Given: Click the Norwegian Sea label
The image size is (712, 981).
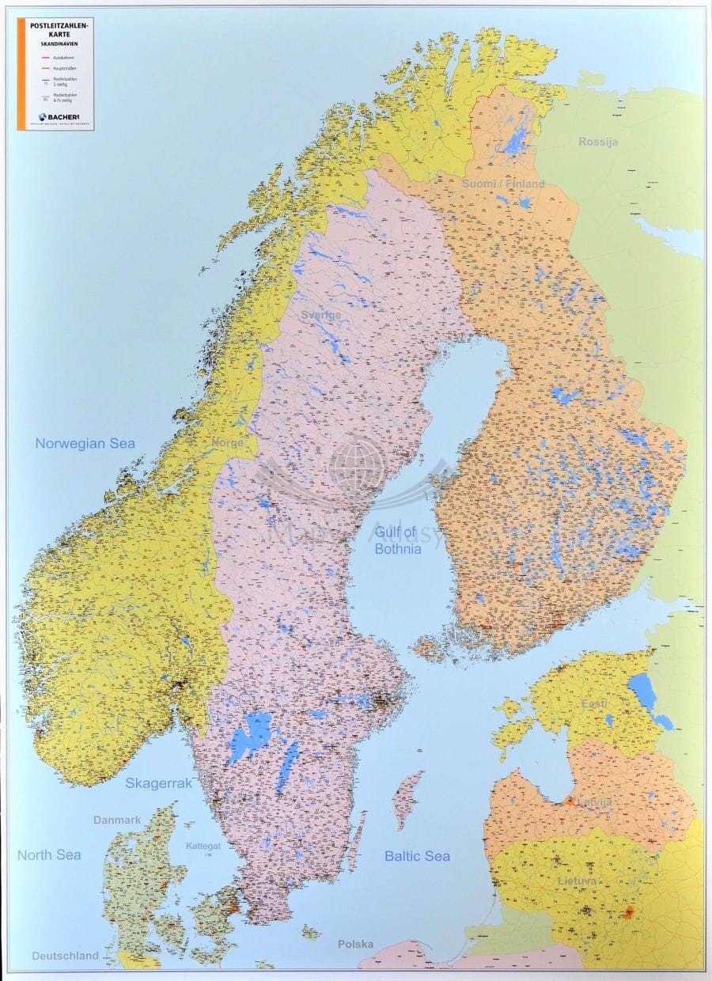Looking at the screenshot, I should (x=85, y=444).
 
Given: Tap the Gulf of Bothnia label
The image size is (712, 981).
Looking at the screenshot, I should (x=399, y=540).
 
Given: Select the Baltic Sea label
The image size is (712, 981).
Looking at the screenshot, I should (x=417, y=856).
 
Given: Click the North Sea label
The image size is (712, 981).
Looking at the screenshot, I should (x=49, y=854).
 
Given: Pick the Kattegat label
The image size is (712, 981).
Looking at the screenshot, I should (x=203, y=847).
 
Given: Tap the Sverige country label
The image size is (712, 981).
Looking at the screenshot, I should (x=320, y=315).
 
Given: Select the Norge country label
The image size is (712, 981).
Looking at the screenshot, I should (x=227, y=444).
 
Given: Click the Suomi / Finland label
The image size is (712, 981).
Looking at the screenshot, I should (x=503, y=184).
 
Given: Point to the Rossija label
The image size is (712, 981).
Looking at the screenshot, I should (x=598, y=142).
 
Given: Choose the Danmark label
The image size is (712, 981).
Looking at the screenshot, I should (x=117, y=820).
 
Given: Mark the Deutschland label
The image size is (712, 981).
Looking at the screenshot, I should (x=65, y=956).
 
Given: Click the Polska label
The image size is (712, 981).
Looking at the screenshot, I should (x=355, y=944).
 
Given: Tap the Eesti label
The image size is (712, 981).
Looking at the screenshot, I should (x=593, y=704).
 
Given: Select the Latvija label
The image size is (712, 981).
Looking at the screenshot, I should (x=594, y=802).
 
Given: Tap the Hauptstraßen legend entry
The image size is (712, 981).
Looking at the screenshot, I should (x=63, y=69).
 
